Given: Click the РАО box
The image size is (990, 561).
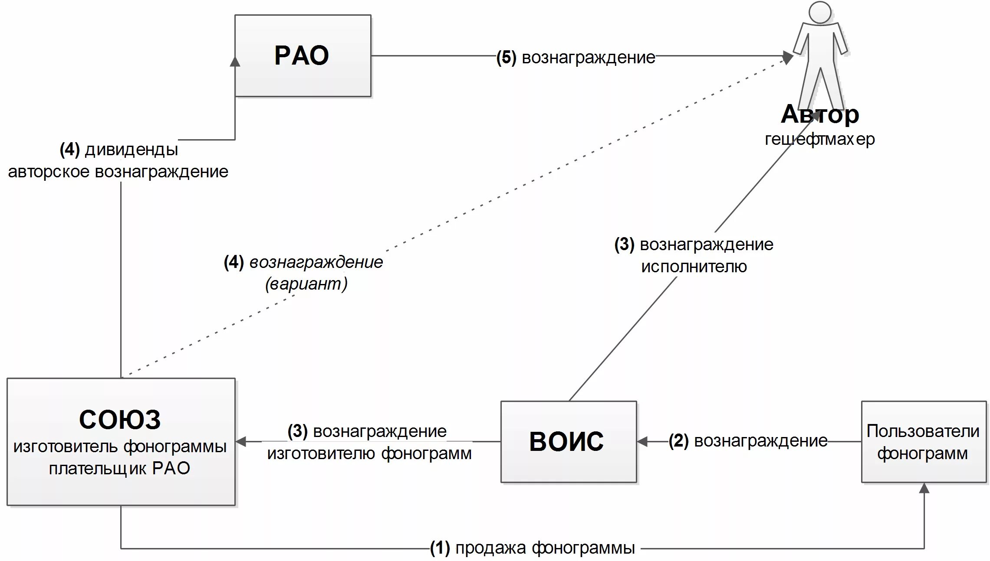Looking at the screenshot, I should [x=303, y=55].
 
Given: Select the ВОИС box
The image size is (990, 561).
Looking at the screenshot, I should [x=568, y=441].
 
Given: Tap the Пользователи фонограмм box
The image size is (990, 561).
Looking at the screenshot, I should [x=923, y=441].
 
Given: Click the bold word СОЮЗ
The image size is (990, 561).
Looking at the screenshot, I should [x=120, y=419].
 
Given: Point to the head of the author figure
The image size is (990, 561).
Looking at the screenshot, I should [x=820, y=12].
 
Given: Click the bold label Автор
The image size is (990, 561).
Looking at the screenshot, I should [x=819, y=114].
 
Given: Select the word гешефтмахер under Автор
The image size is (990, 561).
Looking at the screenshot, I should [x=819, y=139].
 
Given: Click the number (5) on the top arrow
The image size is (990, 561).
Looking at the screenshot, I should [x=506, y=57].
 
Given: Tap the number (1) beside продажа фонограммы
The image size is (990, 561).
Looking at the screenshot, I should [x=440, y=548].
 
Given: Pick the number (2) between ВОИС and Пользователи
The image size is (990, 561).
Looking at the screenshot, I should [x=678, y=440].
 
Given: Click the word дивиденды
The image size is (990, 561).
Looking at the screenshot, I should [x=132, y=150].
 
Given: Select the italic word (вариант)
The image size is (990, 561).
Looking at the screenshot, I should [x=306, y=284].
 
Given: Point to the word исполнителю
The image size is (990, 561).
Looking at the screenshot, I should [x=694, y=266].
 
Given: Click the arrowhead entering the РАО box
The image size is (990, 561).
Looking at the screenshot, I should [x=235, y=61].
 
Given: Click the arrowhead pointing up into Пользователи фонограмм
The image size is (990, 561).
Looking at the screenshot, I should [x=924, y=489].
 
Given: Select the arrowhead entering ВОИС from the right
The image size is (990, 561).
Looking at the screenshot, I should [x=643, y=441].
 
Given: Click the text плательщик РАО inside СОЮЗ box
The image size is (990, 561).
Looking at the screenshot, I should [x=120, y=468].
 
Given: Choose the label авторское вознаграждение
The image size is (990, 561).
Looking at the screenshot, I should [x=118, y=172].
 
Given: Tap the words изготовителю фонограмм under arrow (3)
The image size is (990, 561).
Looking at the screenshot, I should [x=369, y=453].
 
